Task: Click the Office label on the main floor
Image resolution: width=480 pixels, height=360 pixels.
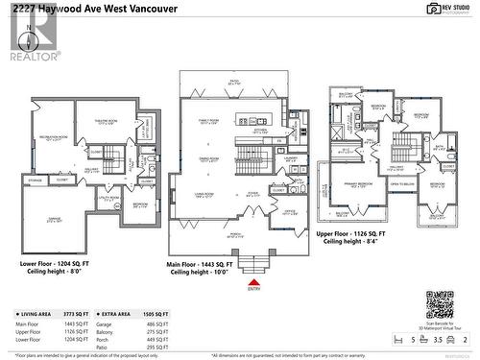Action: click(288, 211)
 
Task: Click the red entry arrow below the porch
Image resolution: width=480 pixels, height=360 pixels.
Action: click(253, 280)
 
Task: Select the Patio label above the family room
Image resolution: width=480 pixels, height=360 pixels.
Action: click(232, 83)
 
